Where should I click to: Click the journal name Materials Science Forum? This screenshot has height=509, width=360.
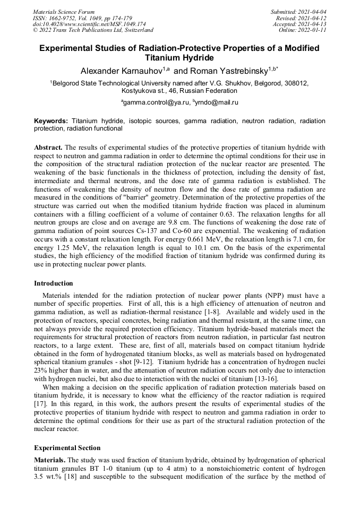coord(64,12)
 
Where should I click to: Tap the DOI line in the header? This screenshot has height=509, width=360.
coord(89,24)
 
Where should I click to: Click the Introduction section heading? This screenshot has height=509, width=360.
coord(54,283)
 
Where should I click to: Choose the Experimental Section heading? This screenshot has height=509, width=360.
coord(67,448)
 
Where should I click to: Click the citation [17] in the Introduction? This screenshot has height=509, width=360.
coord(41,404)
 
